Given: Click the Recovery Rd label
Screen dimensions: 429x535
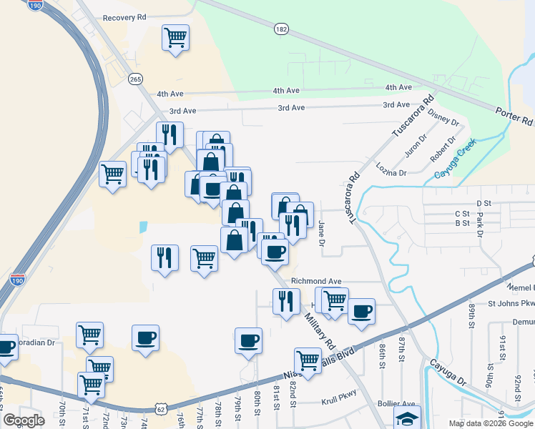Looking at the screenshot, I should coord(124,17).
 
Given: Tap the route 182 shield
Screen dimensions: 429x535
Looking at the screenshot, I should coord(281,29).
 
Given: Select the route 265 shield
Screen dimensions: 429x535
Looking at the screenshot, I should coord(135,79).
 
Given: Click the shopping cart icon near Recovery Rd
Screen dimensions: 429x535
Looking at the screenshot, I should coord(175,36).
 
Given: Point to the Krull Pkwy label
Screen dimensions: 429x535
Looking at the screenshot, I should coord(338,402).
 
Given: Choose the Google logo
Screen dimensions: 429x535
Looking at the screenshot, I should coord(24,420).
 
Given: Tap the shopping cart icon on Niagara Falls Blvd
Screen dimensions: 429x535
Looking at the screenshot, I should coord(308,360).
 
